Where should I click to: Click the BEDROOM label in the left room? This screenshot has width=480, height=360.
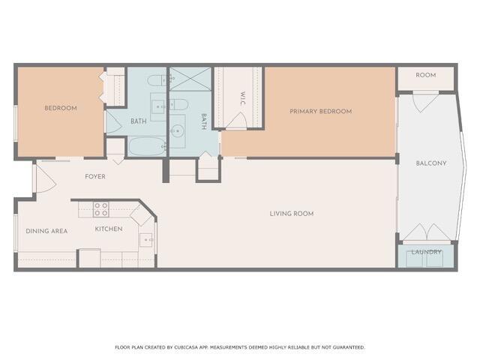[60, 108]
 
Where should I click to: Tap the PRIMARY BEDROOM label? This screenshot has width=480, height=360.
[320, 112]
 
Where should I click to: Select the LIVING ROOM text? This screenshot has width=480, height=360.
[292, 214]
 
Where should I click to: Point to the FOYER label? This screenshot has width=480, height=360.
[94, 177]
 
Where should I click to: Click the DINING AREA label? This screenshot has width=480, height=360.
[46, 231]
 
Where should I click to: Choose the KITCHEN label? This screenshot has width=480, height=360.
[109, 229]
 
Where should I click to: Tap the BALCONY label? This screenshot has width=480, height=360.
[431, 163]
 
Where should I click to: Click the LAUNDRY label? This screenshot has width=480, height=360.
[426, 252]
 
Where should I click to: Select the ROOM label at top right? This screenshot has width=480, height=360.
[426, 75]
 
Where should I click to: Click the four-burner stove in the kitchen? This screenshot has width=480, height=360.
[100, 208]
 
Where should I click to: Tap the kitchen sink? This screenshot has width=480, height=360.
[147, 241]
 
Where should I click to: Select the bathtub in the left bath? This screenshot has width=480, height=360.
[147, 146]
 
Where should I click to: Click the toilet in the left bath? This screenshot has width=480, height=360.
[157, 81]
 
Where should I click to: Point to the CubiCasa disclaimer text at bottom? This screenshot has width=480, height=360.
[240, 347]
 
